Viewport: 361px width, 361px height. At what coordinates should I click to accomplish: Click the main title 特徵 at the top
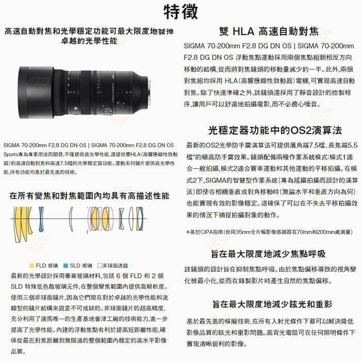(180, 11)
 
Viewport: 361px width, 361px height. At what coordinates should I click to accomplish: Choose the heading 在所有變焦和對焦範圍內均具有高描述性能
(90, 196)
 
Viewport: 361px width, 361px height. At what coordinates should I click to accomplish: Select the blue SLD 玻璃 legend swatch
(65, 266)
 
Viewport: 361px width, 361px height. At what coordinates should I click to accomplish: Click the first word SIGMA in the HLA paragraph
(198, 48)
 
